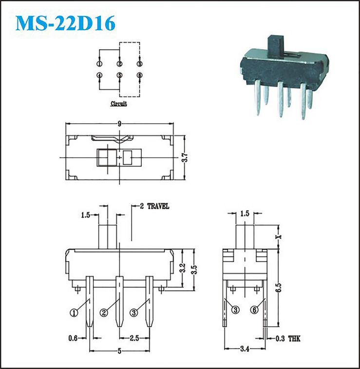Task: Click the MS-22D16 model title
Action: (x=65, y=23)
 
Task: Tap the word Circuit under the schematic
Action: (x=119, y=104)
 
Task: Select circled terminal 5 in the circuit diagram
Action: (x=120, y=75)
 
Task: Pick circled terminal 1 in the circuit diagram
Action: (x=99, y=64)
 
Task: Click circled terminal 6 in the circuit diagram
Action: (x=140, y=75)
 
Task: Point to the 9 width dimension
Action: (x=120, y=124)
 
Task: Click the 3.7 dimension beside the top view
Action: (x=185, y=157)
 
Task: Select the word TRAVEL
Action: (x=158, y=206)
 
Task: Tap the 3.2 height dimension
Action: (x=183, y=268)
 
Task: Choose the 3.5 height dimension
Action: (x=194, y=270)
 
